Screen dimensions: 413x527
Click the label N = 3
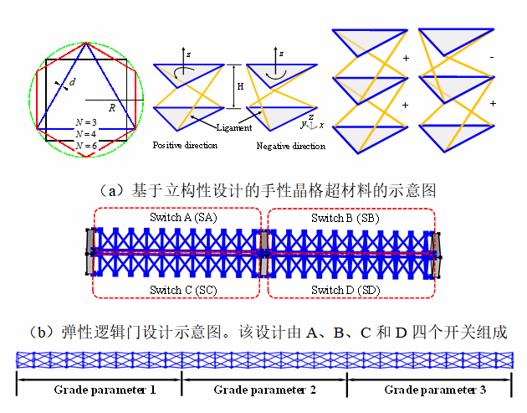(x=85, y=122)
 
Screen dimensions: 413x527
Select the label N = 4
(x=85, y=133)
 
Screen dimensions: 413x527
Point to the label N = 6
(x=85, y=145)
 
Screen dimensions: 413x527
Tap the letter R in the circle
(x=111, y=107)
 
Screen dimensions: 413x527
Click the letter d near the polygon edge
(x=73, y=82)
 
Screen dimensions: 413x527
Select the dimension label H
(x=240, y=87)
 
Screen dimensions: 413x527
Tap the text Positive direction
(x=185, y=145)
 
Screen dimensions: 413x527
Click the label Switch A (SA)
(x=177, y=218)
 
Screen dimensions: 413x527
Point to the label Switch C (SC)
(x=177, y=290)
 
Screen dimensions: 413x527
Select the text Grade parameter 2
(x=264, y=390)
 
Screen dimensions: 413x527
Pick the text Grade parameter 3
(x=435, y=390)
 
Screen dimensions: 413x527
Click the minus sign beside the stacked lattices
(x=492, y=56)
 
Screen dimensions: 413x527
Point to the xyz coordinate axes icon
(x=311, y=123)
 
